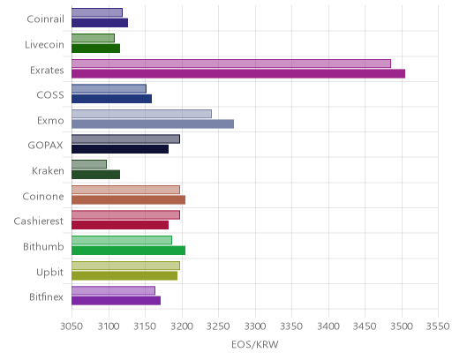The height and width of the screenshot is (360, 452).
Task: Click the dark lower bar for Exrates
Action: pos(238,73)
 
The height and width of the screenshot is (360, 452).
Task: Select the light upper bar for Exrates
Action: pos(231,64)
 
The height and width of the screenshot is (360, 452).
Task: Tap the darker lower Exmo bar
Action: pos(153,124)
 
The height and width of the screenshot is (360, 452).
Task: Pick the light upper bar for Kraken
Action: pos(89,164)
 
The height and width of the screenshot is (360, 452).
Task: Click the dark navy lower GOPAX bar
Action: pos(120,149)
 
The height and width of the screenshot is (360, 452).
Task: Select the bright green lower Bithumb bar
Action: pos(129,251)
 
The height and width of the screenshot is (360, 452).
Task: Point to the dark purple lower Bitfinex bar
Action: pos(117,301)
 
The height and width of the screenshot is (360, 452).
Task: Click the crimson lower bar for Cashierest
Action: pos(120,225)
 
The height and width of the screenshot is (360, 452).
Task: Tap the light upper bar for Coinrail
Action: pos(97,12)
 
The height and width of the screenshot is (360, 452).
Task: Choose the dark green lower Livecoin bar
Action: pos(96,49)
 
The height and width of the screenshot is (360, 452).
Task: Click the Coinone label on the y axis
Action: pos(43,196)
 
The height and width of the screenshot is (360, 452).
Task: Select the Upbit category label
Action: pos(49,273)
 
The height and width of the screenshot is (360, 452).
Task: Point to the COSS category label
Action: pos(50,95)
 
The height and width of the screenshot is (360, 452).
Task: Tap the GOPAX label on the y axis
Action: pos(45,146)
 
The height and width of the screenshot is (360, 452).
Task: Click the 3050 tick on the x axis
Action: pos(72,326)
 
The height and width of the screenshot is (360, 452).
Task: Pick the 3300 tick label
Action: pos(255,326)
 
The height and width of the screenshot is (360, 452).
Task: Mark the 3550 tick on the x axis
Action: pos(438,326)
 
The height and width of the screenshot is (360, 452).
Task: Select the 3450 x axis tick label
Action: pos(365,326)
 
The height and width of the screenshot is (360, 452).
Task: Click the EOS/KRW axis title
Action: pos(255,344)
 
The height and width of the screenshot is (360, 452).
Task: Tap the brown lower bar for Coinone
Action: pos(129,200)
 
